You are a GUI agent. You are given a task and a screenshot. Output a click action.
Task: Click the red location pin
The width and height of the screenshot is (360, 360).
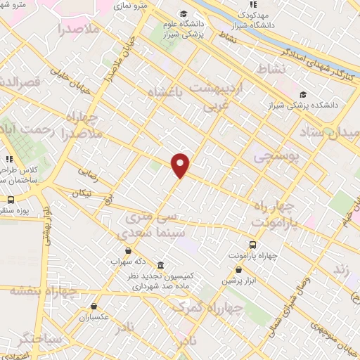coord(181,165)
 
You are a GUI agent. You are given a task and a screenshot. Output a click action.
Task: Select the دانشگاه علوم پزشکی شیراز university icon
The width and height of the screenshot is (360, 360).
coord(184,15)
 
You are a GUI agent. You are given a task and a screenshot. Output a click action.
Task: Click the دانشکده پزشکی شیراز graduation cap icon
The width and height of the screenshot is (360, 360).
coord(302,95)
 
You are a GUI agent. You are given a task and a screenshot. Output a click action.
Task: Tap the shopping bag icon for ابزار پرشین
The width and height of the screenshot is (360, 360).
coord(238,269)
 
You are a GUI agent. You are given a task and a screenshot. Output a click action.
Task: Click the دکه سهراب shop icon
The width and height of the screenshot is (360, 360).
coord(127,250)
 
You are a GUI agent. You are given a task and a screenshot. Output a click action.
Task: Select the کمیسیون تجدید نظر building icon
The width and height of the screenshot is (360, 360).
coord(161,265)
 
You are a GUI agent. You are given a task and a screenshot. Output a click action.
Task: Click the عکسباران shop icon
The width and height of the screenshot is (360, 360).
coord(94,306)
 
